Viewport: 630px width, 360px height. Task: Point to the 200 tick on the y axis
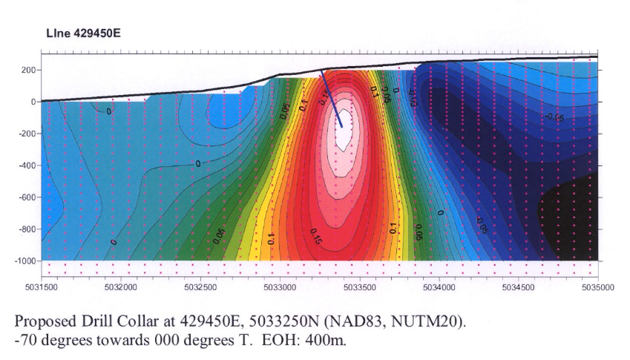(x=29, y=70)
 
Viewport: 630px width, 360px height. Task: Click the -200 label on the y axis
(x=27, y=134)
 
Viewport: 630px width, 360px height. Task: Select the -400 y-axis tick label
(x=27, y=166)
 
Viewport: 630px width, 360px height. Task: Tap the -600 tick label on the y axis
(x=27, y=197)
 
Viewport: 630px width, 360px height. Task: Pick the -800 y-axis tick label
(x=27, y=229)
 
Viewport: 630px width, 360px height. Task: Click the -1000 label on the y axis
(x=25, y=261)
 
